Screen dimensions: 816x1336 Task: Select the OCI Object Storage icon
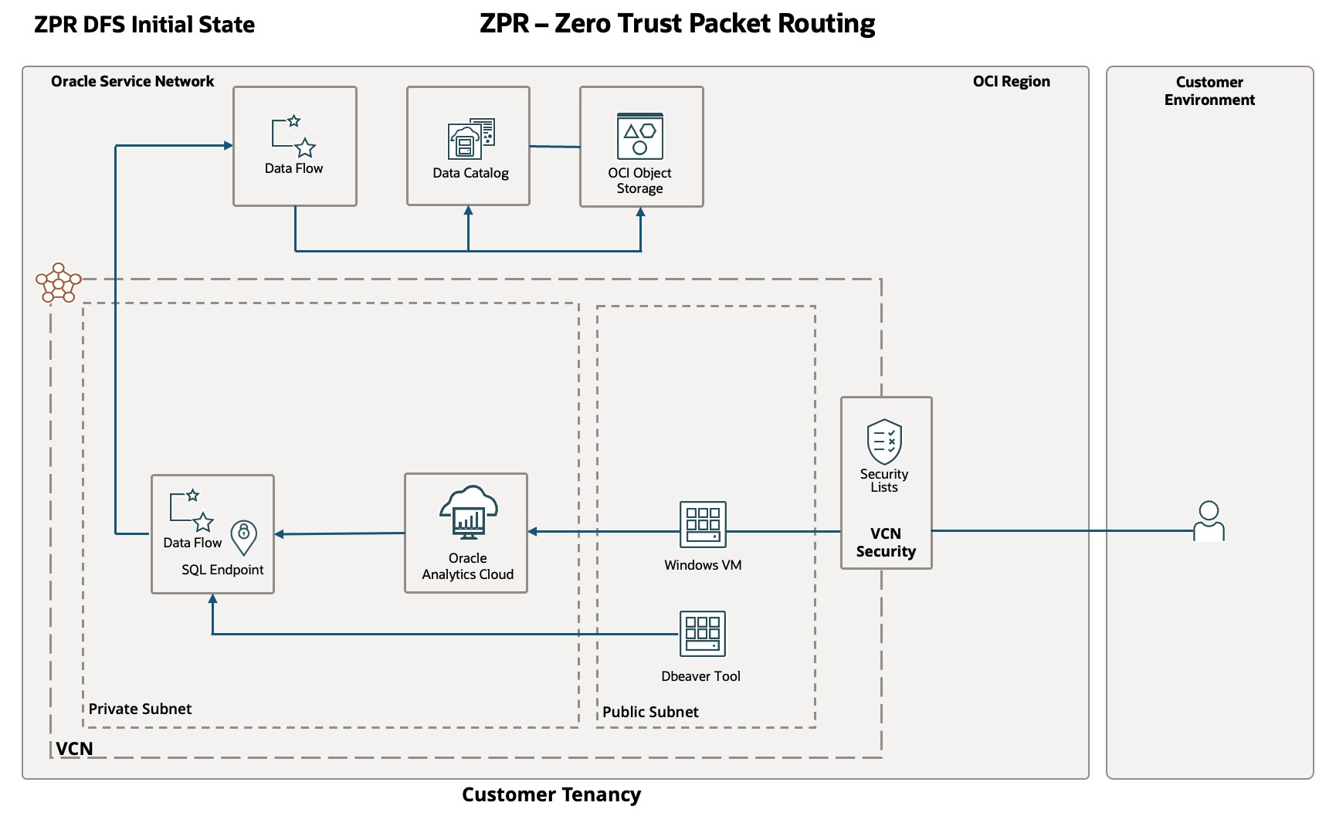(640, 137)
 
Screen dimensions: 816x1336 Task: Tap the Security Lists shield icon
(884, 442)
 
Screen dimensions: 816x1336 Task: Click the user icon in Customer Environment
(1209, 521)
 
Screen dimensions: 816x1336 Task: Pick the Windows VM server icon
(703, 525)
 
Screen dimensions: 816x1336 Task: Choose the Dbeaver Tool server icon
(703, 634)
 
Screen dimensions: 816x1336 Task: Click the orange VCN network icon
(59, 283)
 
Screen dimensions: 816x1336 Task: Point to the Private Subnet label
(140, 709)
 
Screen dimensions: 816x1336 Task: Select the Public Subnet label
(650, 712)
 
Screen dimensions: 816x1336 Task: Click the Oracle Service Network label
(132, 81)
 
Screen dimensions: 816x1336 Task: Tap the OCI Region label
(1011, 81)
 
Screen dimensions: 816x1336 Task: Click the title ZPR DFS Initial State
(144, 25)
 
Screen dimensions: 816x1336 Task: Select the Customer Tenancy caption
(551, 794)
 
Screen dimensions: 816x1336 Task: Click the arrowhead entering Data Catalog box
(469, 211)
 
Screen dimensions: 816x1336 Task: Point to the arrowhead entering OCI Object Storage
(640, 212)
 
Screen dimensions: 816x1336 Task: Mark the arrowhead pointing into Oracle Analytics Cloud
(533, 531)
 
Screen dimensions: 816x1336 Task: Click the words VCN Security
(886, 543)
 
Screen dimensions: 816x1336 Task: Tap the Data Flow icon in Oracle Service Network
(293, 137)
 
